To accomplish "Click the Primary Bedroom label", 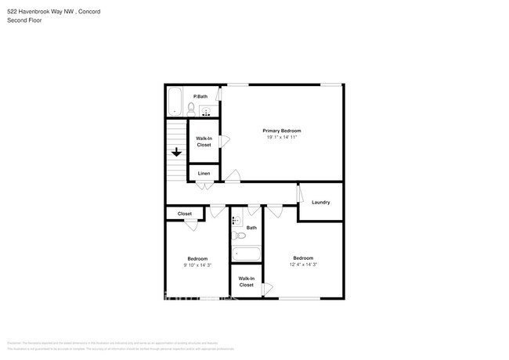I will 281,131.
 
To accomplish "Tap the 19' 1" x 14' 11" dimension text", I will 281,137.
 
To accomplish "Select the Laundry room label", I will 320,202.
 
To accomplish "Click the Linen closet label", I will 204,173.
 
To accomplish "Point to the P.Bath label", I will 201,96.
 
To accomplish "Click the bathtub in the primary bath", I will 175,102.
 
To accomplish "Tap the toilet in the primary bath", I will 191,109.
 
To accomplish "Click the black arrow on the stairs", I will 177,153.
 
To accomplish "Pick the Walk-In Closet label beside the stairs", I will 204,142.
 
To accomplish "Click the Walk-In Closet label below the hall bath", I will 246,282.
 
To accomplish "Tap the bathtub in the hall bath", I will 246,254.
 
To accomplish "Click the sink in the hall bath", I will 236,221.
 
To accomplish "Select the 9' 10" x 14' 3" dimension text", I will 197,265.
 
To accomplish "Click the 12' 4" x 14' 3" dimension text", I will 303,265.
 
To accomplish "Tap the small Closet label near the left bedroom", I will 185,214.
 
